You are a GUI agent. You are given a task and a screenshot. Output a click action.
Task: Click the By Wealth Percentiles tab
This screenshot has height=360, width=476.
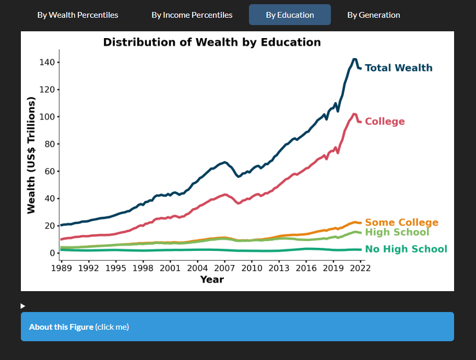(x=78, y=15)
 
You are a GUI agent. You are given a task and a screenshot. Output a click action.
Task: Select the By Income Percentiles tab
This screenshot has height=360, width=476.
(x=192, y=15)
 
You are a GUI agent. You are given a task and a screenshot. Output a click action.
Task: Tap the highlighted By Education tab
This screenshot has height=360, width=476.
(x=290, y=15)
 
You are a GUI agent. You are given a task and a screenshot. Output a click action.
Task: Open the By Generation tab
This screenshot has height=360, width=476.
(x=374, y=15)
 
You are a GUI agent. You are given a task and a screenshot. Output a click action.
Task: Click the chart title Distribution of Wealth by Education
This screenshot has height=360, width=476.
(x=212, y=42)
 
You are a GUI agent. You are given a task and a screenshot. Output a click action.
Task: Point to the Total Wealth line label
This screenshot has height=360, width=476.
(x=398, y=68)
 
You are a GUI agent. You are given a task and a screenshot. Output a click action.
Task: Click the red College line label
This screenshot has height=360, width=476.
(x=385, y=122)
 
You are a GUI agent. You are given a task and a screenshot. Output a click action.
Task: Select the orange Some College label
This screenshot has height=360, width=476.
(x=401, y=223)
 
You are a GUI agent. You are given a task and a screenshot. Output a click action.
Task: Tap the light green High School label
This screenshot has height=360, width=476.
(x=397, y=232)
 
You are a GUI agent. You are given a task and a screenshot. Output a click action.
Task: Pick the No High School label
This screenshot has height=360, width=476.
(x=406, y=249)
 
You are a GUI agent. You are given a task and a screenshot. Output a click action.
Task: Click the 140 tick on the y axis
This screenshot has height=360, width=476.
(x=47, y=63)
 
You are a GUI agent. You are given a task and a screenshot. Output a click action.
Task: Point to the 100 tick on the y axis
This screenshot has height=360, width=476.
(x=47, y=117)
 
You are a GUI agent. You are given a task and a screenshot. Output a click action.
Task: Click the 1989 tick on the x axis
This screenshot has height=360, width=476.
(x=62, y=269)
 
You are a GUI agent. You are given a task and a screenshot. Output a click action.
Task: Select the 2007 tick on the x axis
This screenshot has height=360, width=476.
(x=225, y=269)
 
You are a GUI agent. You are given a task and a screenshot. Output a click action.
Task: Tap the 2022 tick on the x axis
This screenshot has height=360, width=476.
(x=361, y=269)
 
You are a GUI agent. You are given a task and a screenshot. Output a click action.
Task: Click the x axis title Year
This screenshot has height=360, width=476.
(x=212, y=280)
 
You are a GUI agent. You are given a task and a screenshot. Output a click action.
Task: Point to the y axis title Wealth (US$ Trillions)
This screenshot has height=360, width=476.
(x=31, y=155)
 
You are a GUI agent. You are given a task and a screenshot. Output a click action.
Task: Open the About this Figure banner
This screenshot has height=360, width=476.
(x=237, y=327)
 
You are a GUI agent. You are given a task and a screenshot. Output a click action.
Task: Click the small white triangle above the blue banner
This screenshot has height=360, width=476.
(x=22, y=306)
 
